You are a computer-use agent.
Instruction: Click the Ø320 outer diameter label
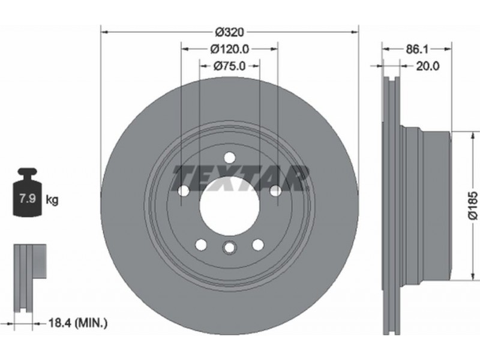(x=230, y=32)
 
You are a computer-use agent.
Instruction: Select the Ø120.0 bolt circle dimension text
(x=230, y=49)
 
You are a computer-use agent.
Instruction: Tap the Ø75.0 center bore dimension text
(x=230, y=66)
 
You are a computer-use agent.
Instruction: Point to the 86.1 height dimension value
(x=417, y=49)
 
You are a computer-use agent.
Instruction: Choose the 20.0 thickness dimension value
(x=428, y=66)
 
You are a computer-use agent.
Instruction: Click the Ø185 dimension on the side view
(x=473, y=205)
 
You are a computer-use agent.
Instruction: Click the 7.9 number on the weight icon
(x=28, y=199)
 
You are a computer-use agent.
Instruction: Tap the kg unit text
(x=52, y=200)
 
